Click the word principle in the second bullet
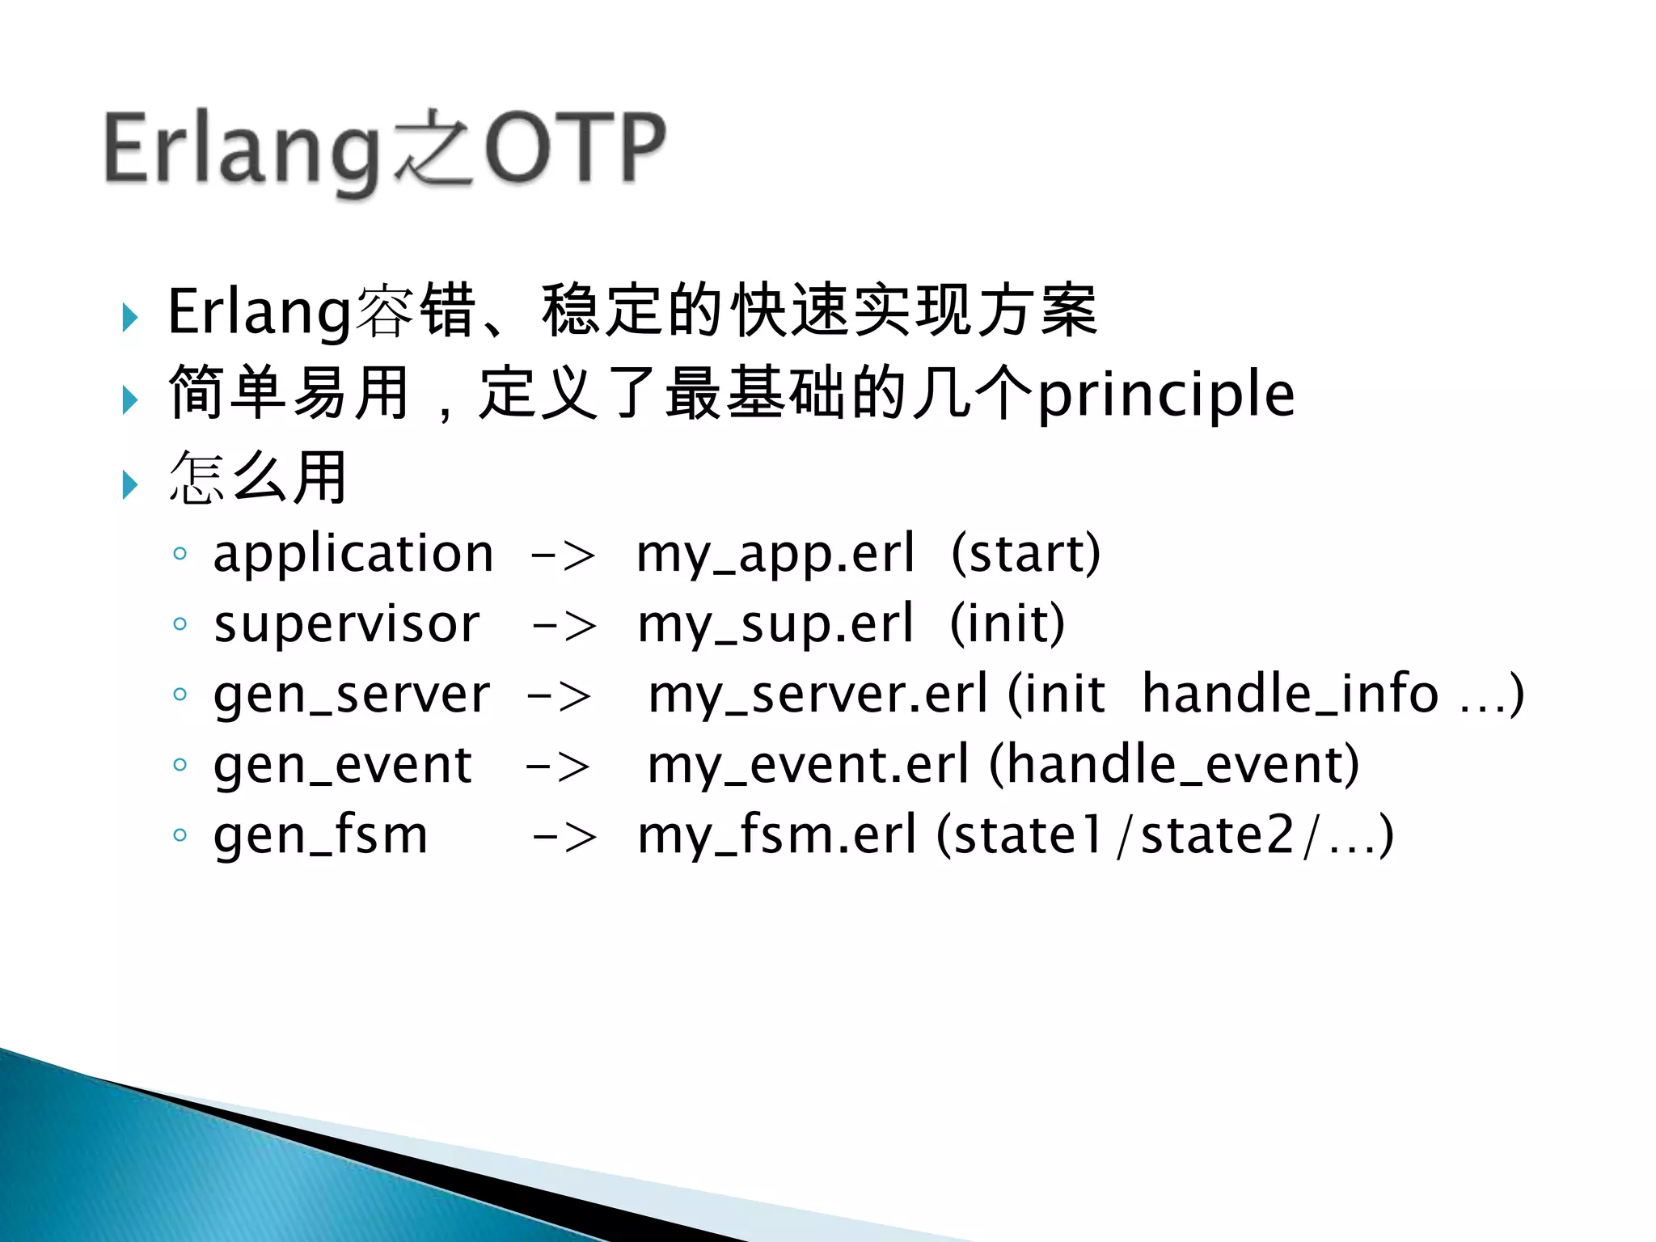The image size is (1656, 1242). [1165, 395]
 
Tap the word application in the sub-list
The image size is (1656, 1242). [353, 554]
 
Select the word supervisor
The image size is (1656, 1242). [347, 624]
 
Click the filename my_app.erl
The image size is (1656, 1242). [775, 554]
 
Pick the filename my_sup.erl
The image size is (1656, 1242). [775, 624]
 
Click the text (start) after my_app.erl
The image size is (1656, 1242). [1025, 554]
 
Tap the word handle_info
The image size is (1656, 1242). [1290, 694]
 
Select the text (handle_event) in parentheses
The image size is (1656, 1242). [1174, 765]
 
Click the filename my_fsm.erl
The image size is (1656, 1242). [777, 835]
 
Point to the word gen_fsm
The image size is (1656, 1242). [320, 835]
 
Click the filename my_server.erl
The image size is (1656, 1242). [817, 694]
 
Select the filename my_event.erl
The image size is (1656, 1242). [808, 765]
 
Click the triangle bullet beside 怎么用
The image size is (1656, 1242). [130, 484]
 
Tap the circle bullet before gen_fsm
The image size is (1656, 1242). [180, 834]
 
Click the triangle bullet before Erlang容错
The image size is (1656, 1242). [130, 317]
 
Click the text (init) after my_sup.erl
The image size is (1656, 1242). [1008, 624]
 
